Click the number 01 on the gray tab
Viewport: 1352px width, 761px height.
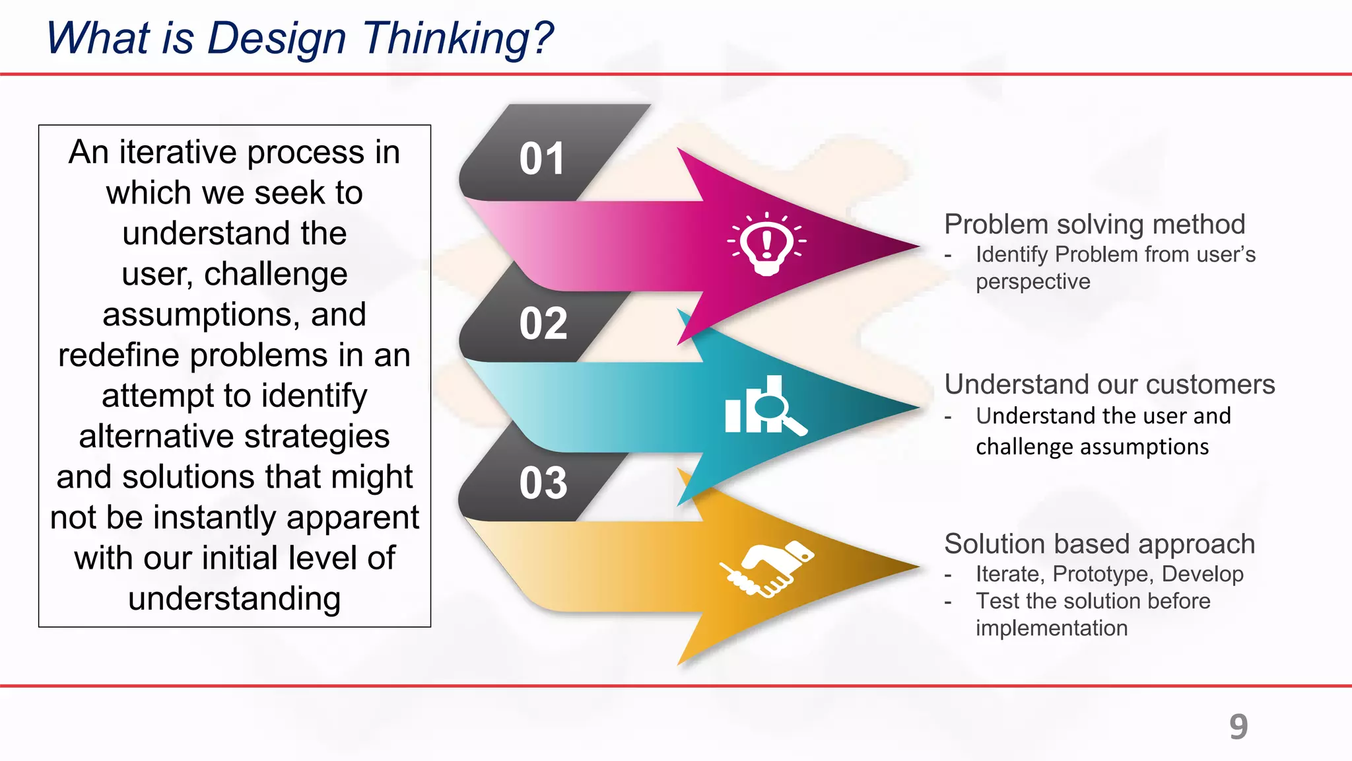click(542, 159)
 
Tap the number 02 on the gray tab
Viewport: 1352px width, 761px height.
click(543, 324)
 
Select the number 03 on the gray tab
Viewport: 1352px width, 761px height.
click(543, 483)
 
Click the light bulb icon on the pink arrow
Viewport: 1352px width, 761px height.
click(766, 244)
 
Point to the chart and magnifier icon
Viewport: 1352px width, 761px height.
click(764, 406)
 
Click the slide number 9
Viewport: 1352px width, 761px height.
click(1238, 727)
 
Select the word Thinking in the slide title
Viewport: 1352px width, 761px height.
click(458, 38)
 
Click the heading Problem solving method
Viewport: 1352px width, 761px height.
click(1095, 225)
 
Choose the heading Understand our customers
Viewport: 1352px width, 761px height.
click(1109, 384)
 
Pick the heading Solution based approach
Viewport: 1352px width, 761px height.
click(1099, 544)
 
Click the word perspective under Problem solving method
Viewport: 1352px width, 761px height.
click(1032, 282)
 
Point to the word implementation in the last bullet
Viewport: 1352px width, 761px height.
click(1052, 628)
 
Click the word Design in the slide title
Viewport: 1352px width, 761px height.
click(277, 38)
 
